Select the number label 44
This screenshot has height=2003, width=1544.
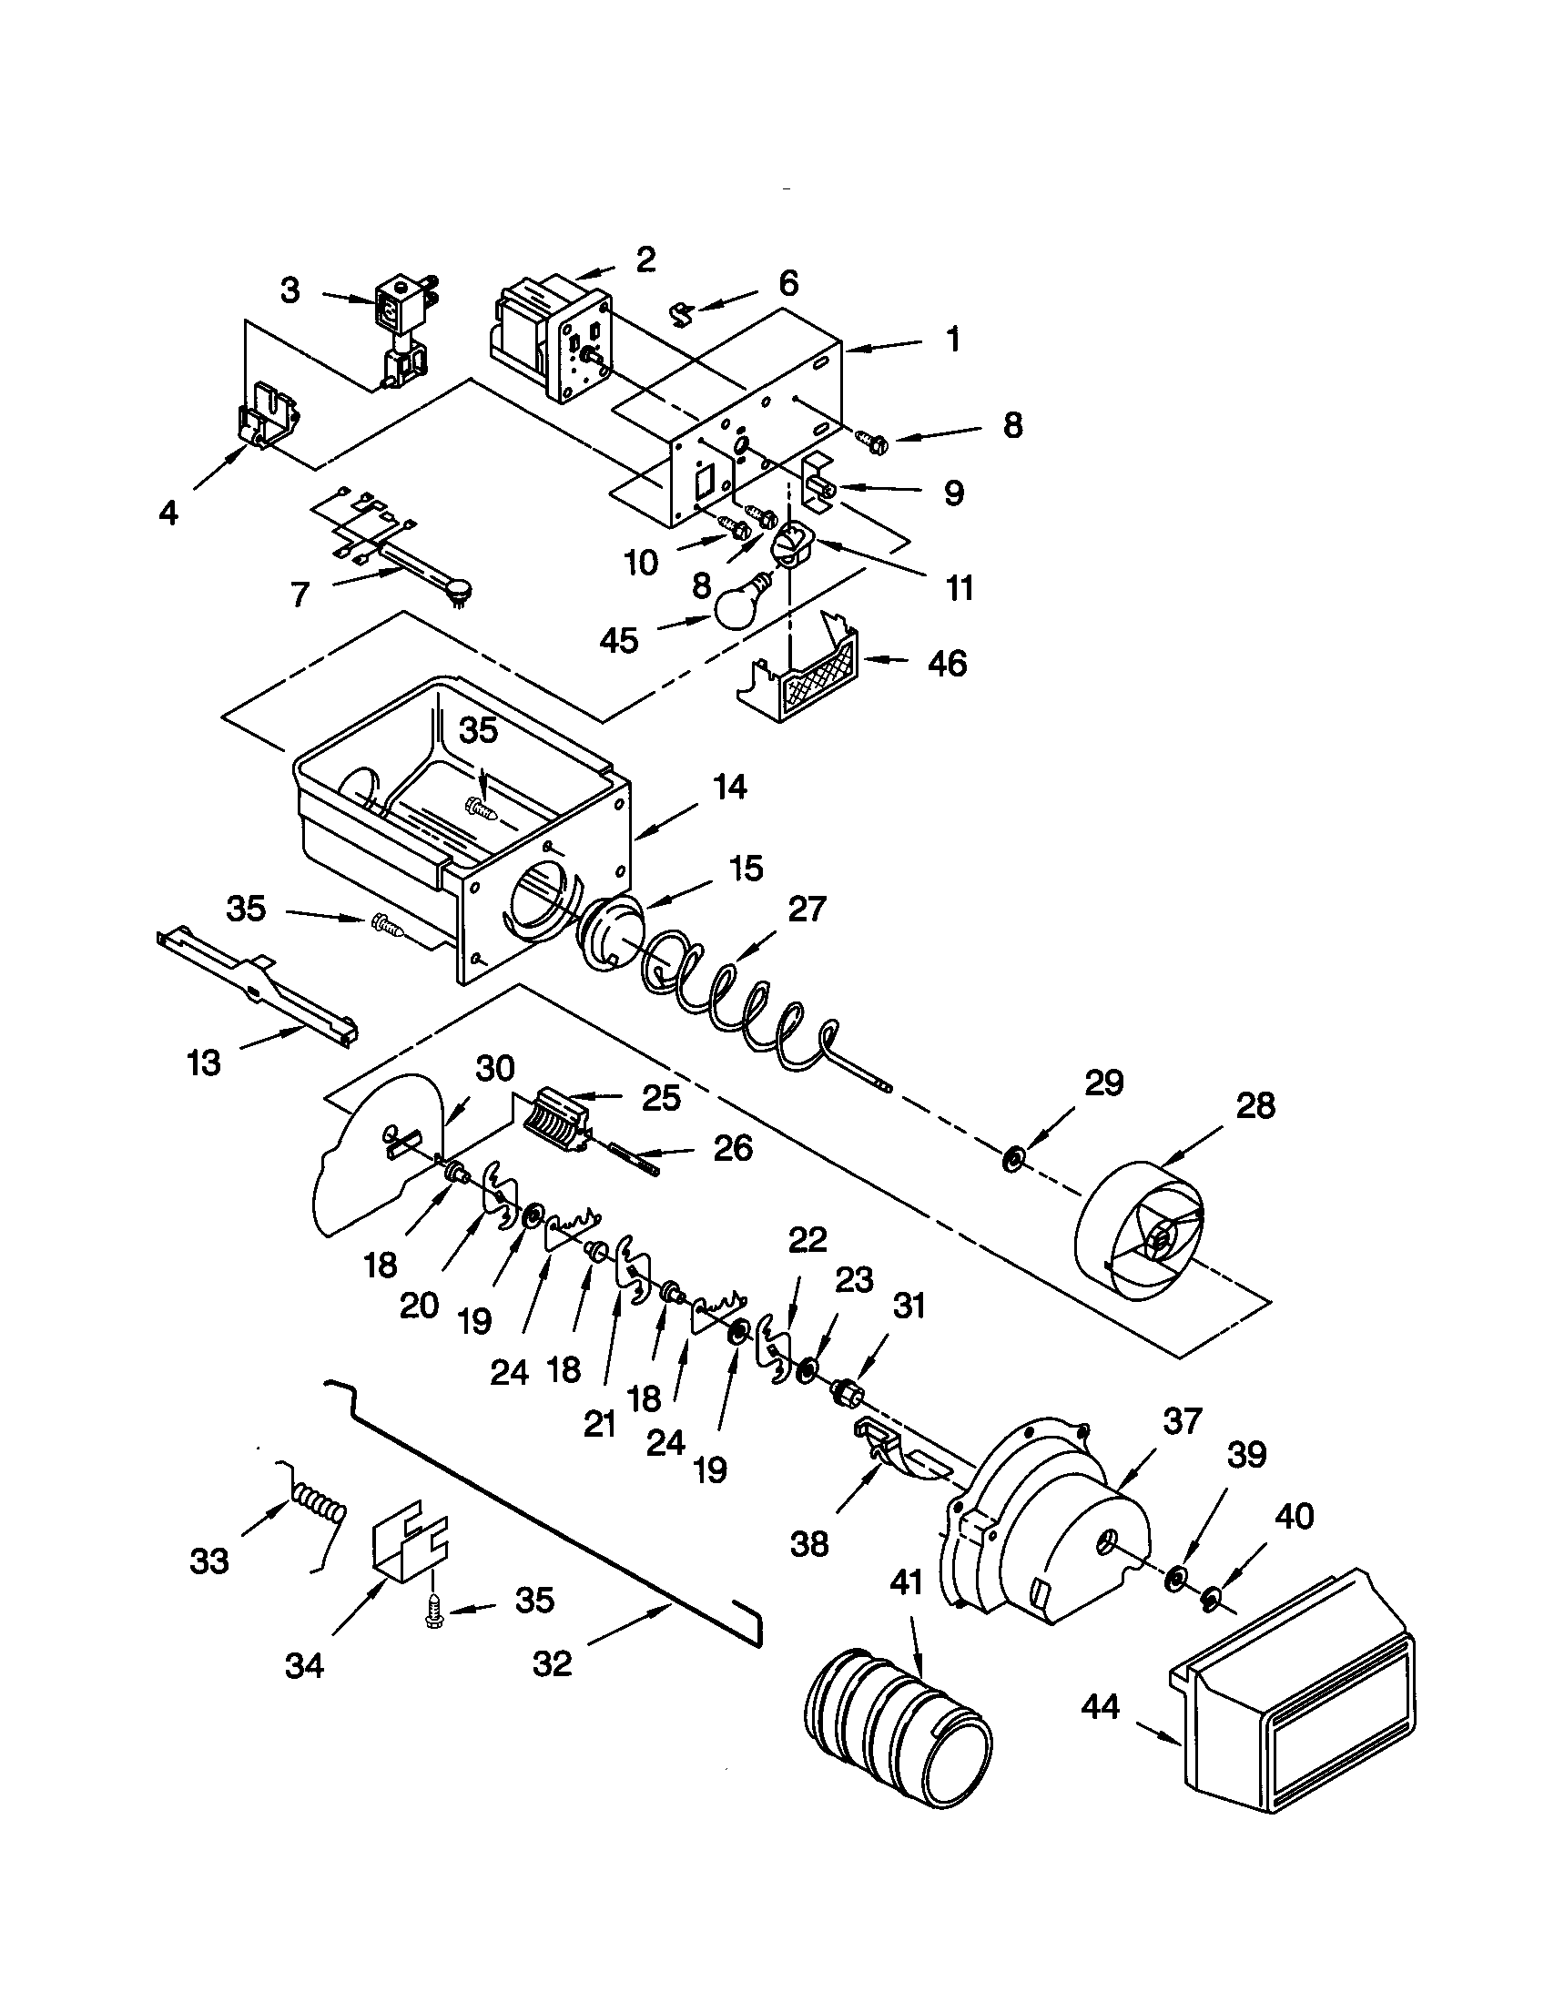(x=1101, y=1706)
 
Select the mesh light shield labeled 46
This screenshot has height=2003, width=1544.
(x=807, y=674)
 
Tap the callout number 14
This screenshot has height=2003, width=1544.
(x=730, y=788)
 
